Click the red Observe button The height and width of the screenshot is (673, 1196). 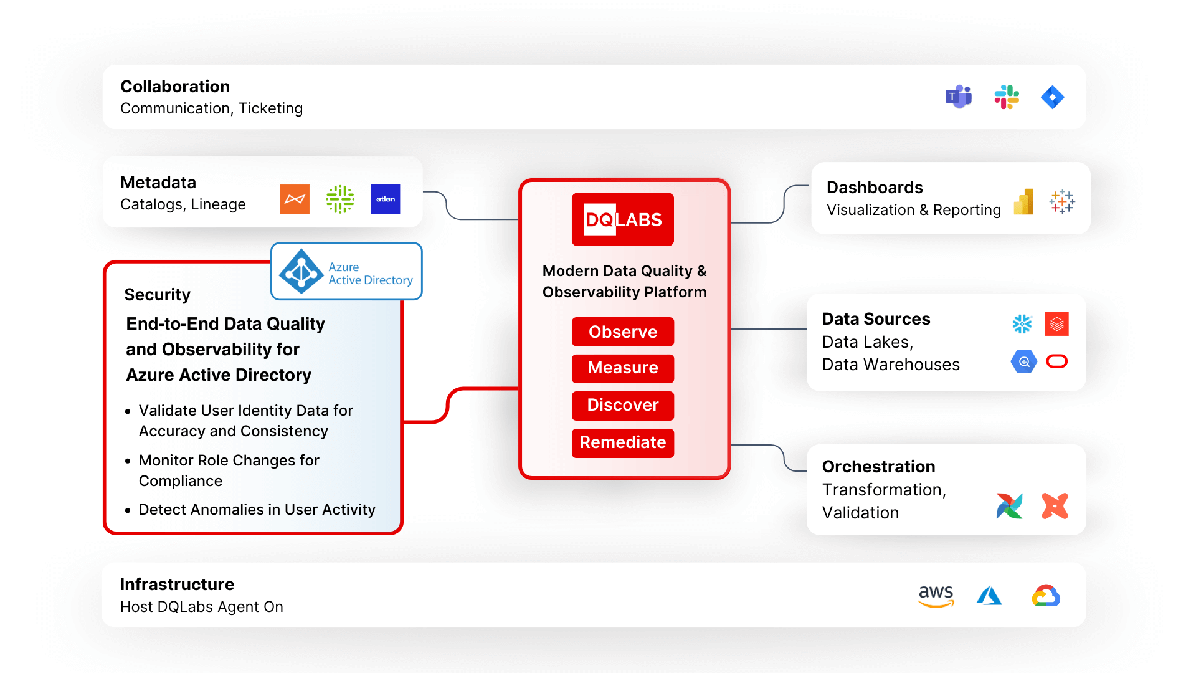(x=622, y=332)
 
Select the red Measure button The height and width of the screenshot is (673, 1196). (x=622, y=368)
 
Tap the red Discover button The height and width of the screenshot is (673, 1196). (x=622, y=405)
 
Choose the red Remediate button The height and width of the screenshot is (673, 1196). (x=622, y=442)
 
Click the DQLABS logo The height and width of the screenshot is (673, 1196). (x=622, y=219)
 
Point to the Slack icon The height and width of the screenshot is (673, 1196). (x=1007, y=97)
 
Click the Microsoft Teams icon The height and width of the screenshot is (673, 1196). (x=959, y=97)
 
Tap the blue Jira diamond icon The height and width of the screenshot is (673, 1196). (x=1053, y=97)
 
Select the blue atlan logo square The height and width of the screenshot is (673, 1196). (x=386, y=199)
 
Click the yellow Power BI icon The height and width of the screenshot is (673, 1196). (x=1024, y=202)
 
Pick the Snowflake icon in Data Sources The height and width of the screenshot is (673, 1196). (x=1022, y=324)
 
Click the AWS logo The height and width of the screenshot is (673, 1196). (x=936, y=596)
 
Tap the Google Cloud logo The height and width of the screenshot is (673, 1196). (x=1046, y=596)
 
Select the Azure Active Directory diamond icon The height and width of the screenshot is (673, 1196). (x=301, y=272)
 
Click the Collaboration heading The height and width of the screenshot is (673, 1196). (x=175, y=87)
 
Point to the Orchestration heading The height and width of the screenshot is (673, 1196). (x=878, y=467)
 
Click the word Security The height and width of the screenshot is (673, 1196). (x=157, y=295)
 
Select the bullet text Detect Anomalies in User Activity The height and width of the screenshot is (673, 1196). (x=257, y=510)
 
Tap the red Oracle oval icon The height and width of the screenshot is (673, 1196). (x=1057, y=361)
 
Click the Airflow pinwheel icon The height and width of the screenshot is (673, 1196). (x=1009, y=506)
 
